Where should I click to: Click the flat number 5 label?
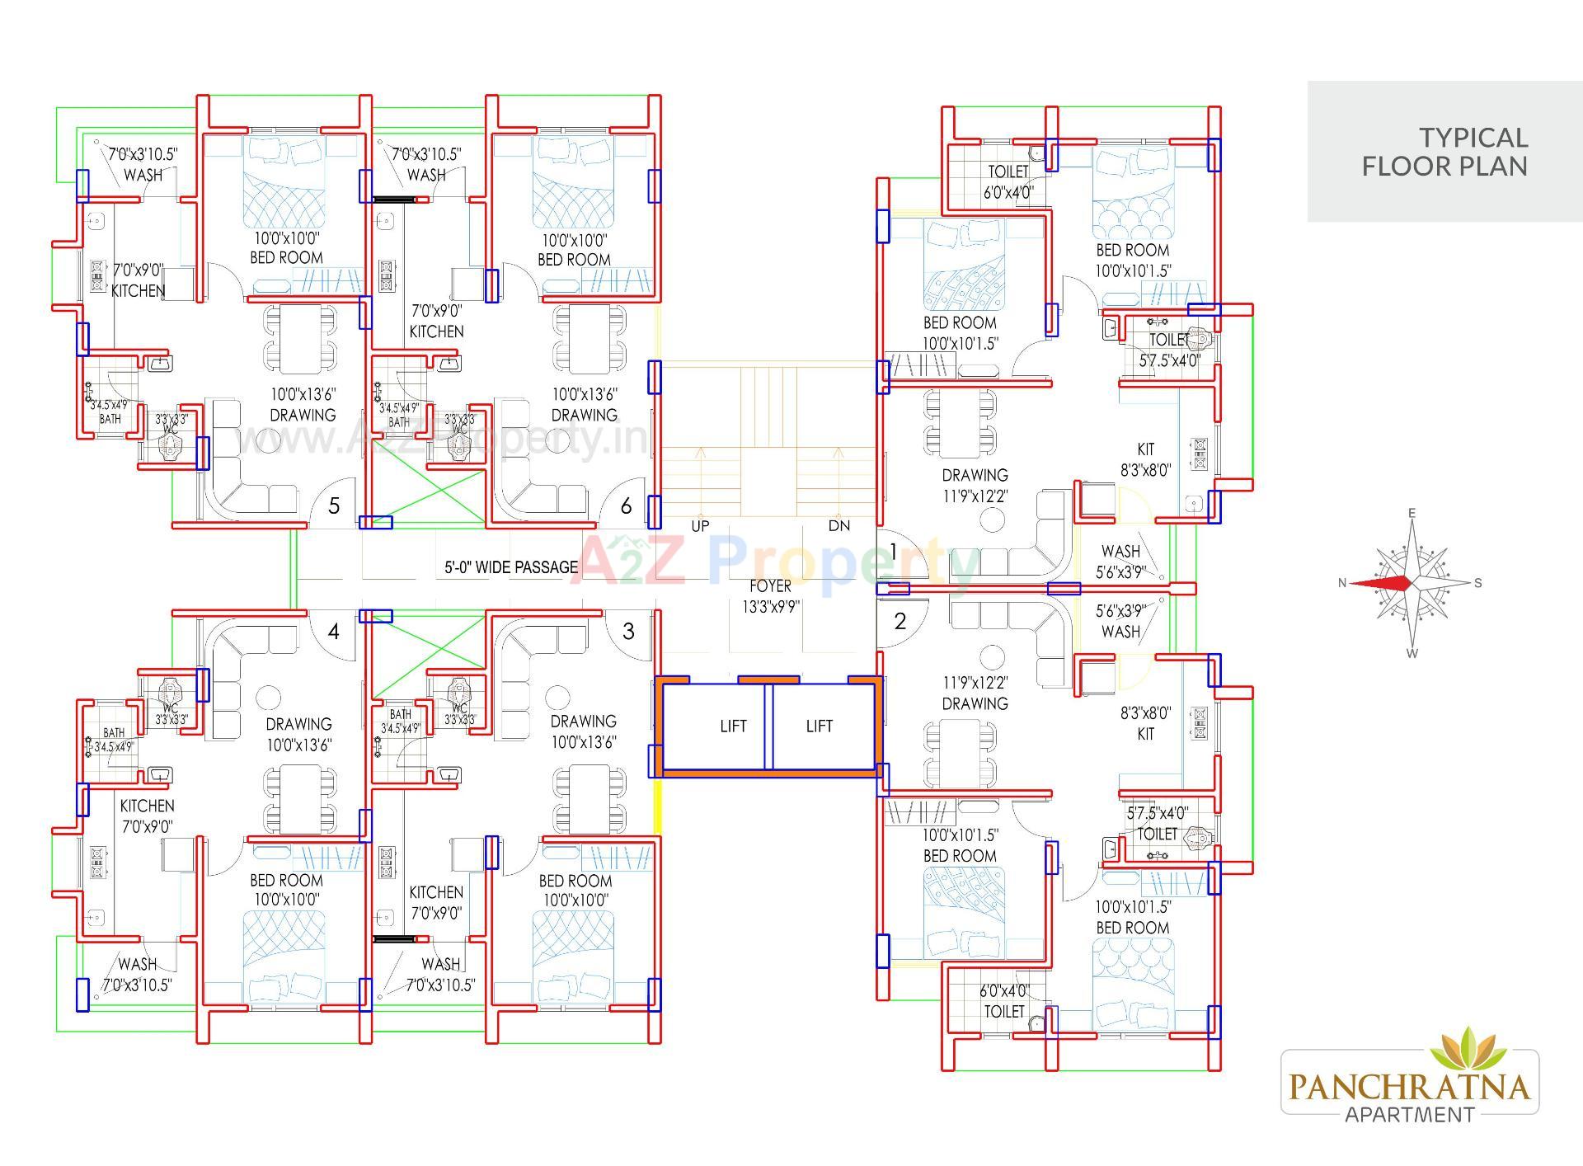click(334, 505)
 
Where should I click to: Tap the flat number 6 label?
click(627, 505)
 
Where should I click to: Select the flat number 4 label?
click(334, 632)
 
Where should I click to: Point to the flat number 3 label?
click(629, 632)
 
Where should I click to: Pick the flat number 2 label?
click(900, 620)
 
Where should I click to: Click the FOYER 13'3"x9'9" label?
click(770, 596)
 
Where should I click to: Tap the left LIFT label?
click(733, 726)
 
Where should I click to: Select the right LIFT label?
click(819, 726)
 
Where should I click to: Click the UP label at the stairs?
click(700, 525)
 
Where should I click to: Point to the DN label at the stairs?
click(838, 525)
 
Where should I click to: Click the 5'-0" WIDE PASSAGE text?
click(511, 567)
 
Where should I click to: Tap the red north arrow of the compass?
click(1381, 583)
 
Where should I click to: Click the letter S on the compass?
click(1477, 583)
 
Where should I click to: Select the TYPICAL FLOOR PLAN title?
click(1444, 152)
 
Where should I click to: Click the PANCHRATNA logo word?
click(1410, 1086)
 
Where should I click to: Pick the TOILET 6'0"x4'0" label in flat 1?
click(1008, 181)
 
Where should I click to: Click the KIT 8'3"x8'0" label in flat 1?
click(1145, 459)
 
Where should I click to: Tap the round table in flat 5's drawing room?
click(267, 438)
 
